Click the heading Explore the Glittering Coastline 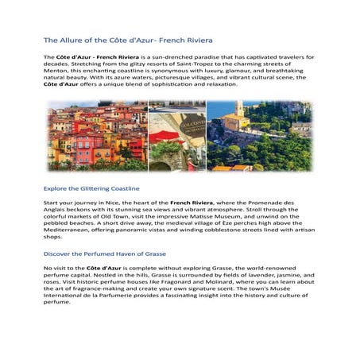91,188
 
